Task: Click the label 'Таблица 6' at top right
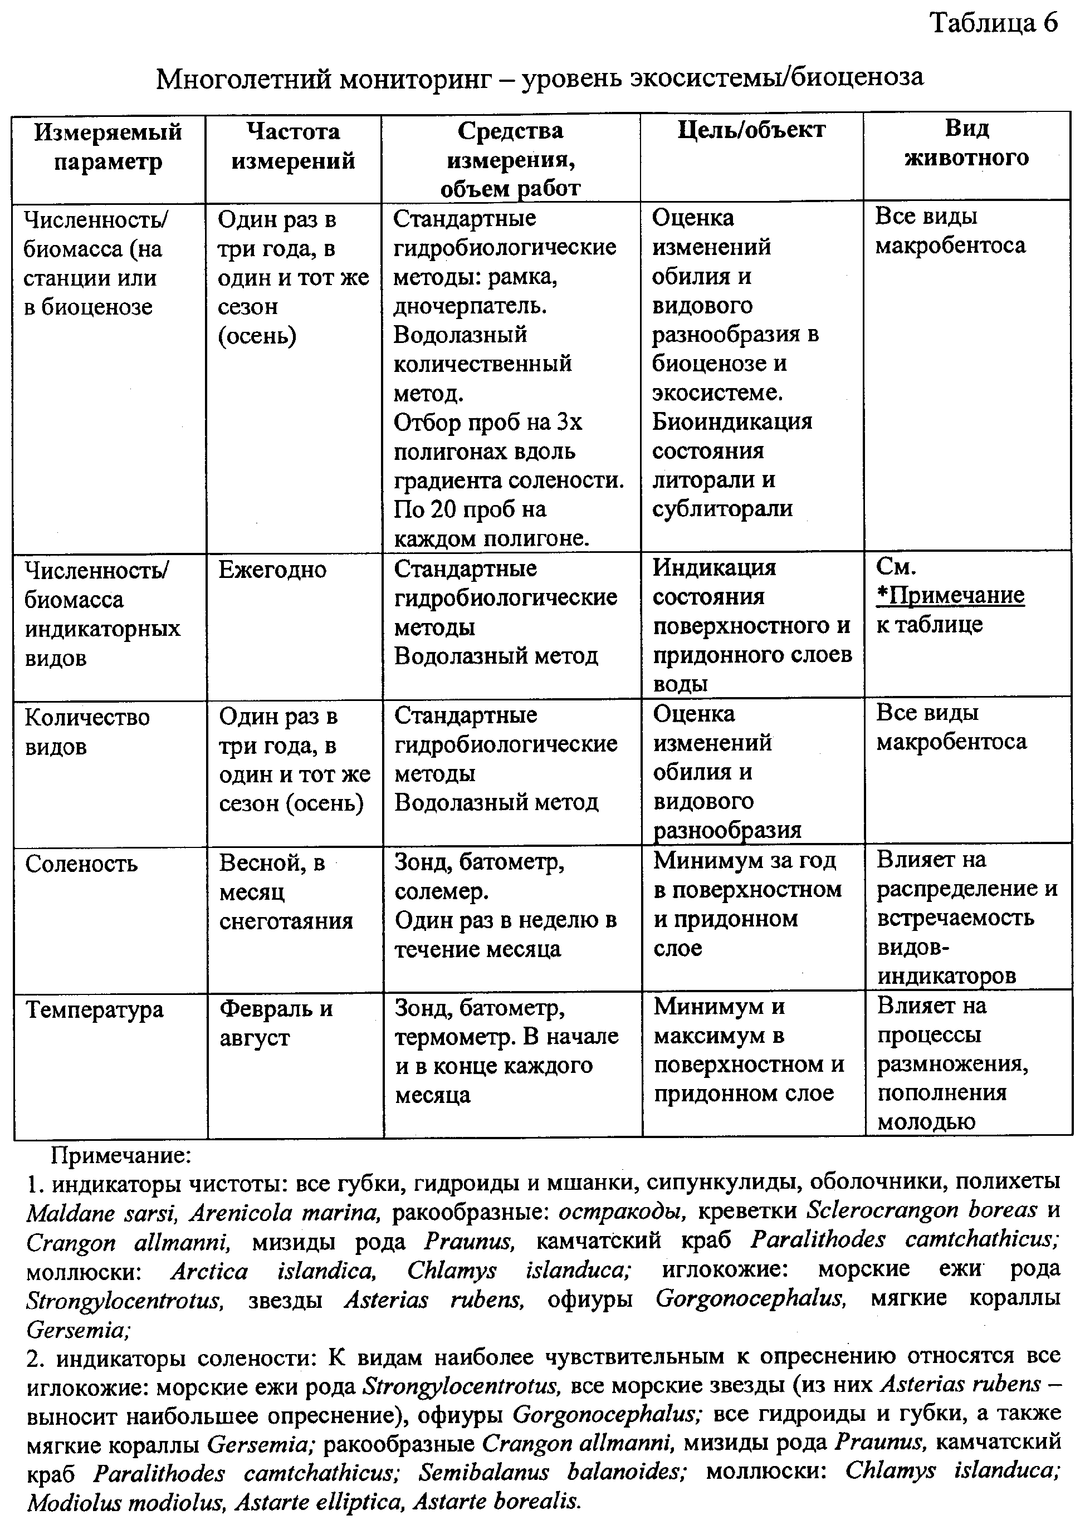(x=994, y=24)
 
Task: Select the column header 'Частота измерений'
(x=294, y=145)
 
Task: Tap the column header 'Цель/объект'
(x=751, y=130)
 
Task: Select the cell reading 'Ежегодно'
(x=272, y=570)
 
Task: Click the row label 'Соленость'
(x=81, y=864)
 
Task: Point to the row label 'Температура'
(x=94, y=1009)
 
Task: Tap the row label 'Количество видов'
(x=87, y=731)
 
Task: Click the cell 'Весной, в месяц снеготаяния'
(x=286, y=891)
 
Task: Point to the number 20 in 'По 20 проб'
(x=442, y=509)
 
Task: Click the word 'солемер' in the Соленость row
(x=440, y=891)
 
